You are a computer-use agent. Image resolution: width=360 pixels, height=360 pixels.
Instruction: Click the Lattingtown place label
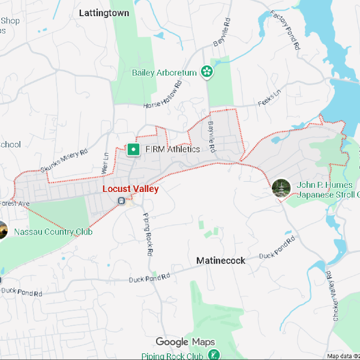click(x=104, y=12)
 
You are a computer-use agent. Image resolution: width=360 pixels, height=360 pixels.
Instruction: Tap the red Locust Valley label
click(x=130, y=189)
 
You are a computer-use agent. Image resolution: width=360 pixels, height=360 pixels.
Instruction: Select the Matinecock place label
click(x=221, y=260)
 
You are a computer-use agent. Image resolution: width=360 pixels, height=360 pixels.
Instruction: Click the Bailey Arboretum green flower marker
click(x=207, y=72)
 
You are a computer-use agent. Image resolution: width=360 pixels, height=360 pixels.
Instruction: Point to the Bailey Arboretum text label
click(x=164, y=73)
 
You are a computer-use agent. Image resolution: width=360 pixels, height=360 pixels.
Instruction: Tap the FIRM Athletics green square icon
click(x=133, y=149)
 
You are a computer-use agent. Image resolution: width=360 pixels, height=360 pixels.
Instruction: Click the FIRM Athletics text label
click(x=172, y=149)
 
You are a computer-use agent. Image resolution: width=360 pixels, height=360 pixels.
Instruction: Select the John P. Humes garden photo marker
click(x=281, y=188)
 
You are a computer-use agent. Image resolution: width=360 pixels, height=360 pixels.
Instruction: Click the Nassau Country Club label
click(x=53, y=232)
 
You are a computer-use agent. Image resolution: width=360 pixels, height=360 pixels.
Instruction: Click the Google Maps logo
click(x=185, y=342)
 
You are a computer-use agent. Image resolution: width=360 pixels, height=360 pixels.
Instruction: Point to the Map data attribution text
click(x=343, y=356)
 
